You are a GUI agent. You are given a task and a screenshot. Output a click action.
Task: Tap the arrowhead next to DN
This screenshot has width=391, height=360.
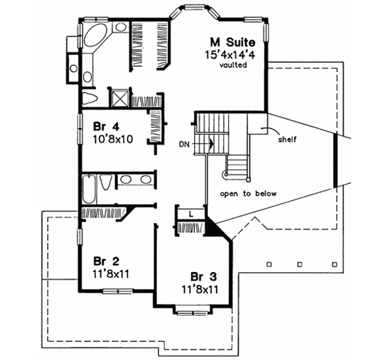click(x=211, y=140)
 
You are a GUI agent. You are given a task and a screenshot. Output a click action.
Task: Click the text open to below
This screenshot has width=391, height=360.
click(x=248, y=194)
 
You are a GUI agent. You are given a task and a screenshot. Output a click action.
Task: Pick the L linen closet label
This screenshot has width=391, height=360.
click(x=190, y=213)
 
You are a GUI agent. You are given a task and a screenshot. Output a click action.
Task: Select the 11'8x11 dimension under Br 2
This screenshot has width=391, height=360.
click(x=103, y=273)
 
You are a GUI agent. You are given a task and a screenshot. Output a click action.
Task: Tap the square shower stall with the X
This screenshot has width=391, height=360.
click(x=120, y=99)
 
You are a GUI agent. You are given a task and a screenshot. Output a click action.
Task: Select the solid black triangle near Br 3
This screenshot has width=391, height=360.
click(x=214, y=227)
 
